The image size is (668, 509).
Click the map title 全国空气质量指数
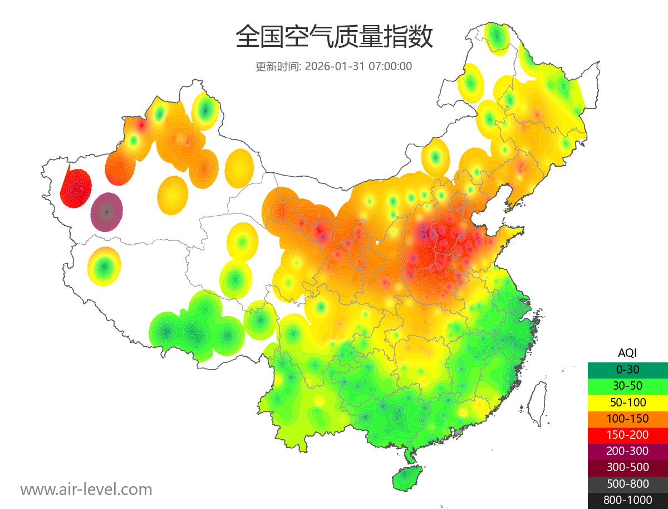[x=334, y=37]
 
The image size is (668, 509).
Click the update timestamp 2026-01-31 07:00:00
[x=358, y=66]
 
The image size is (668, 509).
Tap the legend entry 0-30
[x=627, y=370]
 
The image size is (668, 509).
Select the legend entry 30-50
[x=627, y=386]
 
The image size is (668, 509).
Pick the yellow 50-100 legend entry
[x=627, y=402]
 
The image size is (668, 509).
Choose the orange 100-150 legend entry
[x=627, y=419]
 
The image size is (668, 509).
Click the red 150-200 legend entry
[x=627, y=435]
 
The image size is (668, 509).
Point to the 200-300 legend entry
[x=627, y=451]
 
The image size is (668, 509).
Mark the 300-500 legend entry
[x=627, y=468]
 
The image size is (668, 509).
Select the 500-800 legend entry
[x=627, y=484]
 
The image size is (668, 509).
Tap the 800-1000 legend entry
[x=627, y=500]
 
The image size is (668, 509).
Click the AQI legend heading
[x=627, y=353]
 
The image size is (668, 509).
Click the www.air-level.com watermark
[x=86, y=489]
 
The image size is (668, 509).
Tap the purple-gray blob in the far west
[x=107, y=212]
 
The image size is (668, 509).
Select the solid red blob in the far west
[x=75, y=188]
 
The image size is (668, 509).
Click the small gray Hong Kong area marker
[x=459, y=432]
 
